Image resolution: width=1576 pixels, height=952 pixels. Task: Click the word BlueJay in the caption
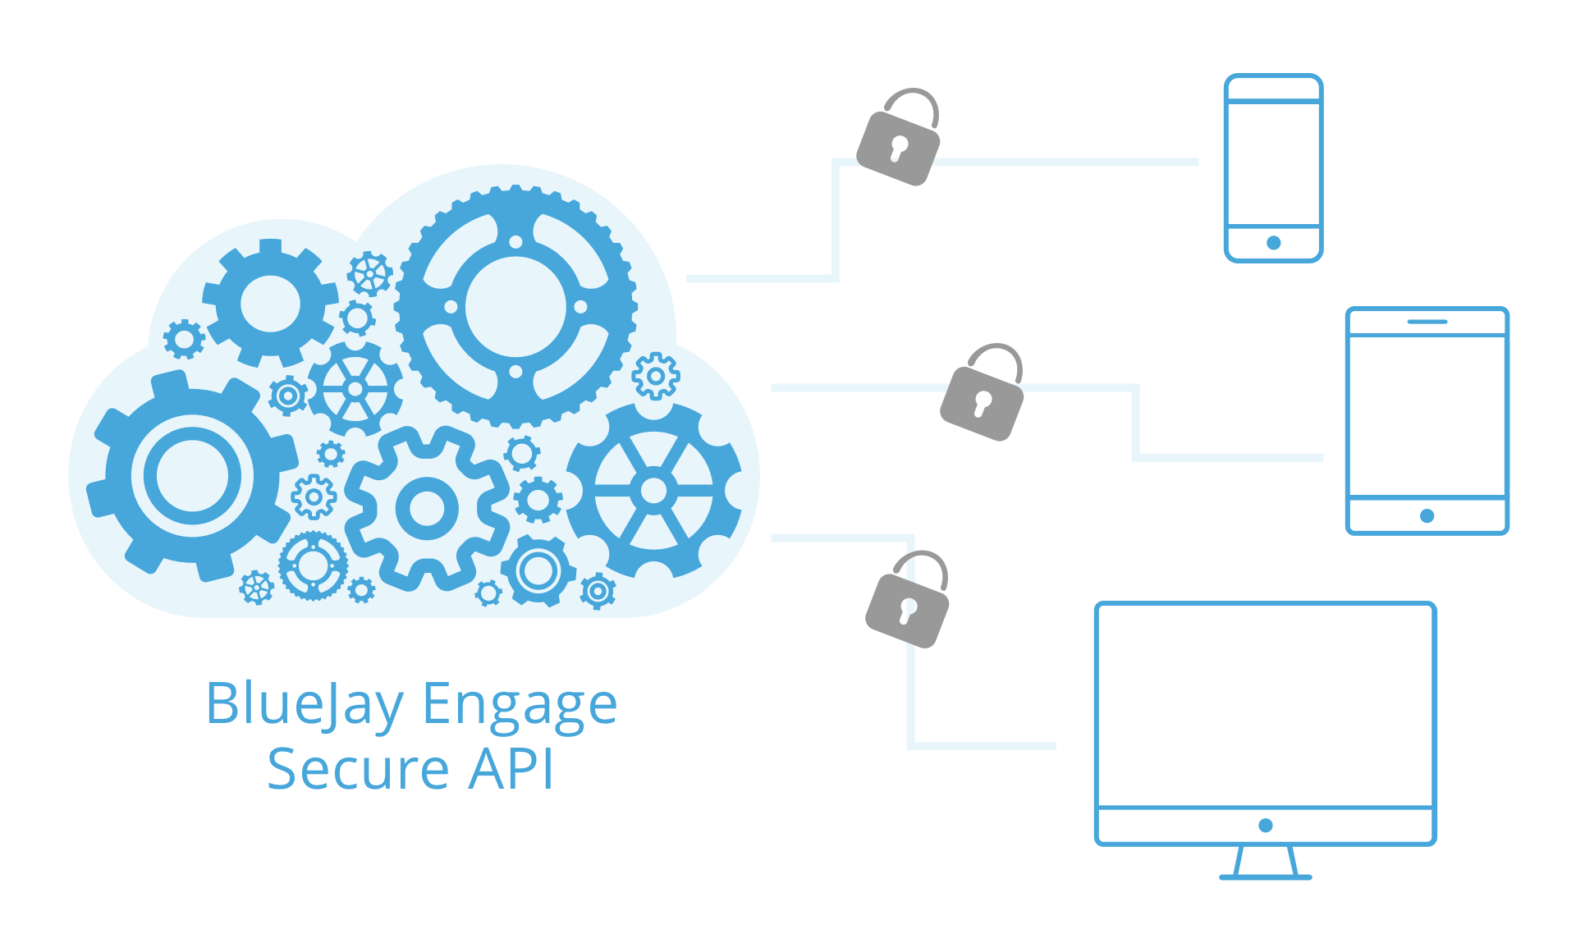304,704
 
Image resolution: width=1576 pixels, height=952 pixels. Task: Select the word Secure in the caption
358,770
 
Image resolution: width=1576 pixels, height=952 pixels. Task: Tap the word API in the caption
511,770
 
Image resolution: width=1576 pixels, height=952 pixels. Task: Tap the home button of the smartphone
1274,243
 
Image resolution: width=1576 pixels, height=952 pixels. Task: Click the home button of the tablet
1427,515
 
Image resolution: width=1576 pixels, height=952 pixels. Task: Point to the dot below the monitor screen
1266,825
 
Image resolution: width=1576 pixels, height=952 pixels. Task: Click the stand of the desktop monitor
1266,863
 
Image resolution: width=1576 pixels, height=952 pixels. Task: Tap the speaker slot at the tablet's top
1427,322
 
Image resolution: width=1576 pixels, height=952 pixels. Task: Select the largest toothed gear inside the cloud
515,306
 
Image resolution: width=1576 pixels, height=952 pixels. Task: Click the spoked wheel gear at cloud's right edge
653,491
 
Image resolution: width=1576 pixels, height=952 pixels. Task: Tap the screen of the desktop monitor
1265,706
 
